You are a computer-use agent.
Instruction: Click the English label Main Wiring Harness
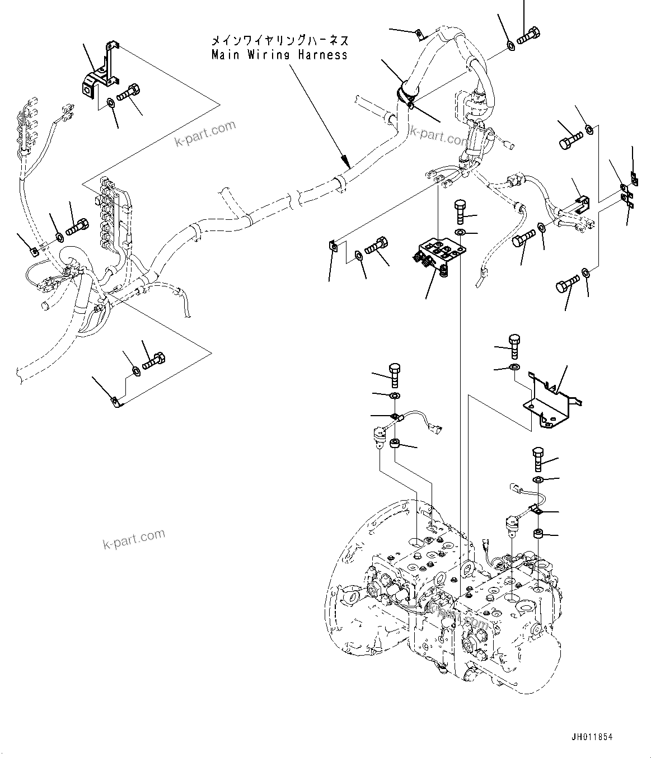279,54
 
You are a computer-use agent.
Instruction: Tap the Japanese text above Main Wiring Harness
279,40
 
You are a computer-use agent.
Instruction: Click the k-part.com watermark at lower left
134,539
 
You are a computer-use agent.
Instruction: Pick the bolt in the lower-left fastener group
153,360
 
